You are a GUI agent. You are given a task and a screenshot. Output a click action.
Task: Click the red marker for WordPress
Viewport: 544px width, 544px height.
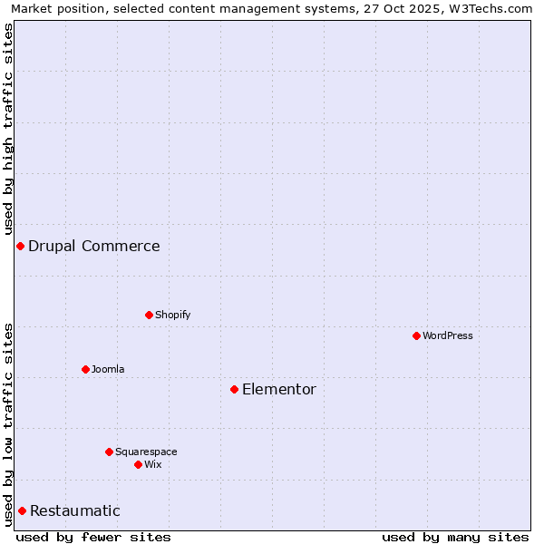[416, 335]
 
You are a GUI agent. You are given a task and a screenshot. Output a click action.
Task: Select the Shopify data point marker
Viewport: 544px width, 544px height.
[149, 315]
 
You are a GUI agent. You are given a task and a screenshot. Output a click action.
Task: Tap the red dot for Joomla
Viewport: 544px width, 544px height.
[85, 369]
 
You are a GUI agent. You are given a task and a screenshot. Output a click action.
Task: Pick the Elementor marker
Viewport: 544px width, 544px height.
[234, 389]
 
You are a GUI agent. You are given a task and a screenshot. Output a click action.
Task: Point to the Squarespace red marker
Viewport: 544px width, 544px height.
[109, 452]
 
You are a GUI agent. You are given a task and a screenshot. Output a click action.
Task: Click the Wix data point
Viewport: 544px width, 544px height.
[138, 464]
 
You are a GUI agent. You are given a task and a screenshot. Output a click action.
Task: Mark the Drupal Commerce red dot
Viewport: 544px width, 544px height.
[20, 246]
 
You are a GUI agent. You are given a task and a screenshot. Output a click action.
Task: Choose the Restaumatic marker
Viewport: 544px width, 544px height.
[22, 510]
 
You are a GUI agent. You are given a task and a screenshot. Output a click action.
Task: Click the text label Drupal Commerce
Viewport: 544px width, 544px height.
[94, 246]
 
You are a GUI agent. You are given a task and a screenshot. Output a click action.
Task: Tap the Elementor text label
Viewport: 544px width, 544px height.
[279, 389]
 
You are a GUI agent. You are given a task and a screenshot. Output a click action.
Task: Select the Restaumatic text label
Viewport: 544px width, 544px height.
[75, 510]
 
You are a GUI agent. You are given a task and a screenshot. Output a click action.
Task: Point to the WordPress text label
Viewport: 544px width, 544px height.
[448, 335]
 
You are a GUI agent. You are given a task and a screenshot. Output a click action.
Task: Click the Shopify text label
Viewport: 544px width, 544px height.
[173, 315]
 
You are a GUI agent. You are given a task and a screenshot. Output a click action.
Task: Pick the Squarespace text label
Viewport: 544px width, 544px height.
[146, 452]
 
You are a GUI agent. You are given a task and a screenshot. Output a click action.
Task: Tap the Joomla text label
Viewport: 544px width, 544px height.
[108, 369]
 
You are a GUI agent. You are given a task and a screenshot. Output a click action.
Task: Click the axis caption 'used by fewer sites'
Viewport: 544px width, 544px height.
[93, 537]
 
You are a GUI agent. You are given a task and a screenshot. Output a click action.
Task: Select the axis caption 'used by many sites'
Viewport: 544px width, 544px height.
[455, 537]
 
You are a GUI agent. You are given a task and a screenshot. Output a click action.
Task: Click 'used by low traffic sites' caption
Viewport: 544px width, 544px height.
[9, 423]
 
